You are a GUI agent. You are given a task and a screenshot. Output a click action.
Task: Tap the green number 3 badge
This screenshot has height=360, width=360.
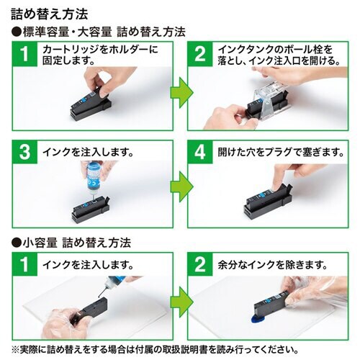[x=26, y=153]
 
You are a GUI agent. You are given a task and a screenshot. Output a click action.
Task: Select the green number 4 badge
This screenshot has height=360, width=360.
[x=199, y=153]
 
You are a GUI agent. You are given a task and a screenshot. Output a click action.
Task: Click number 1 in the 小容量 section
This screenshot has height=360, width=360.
[x=26, y=264]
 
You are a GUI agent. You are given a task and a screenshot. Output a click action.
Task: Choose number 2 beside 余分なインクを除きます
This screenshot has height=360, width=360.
[x=199, y=264]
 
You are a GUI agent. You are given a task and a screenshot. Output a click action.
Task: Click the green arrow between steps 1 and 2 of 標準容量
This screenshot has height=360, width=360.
[x=179, y=91]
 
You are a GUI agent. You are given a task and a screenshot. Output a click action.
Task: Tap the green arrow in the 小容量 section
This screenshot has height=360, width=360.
[x=179, y=300]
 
